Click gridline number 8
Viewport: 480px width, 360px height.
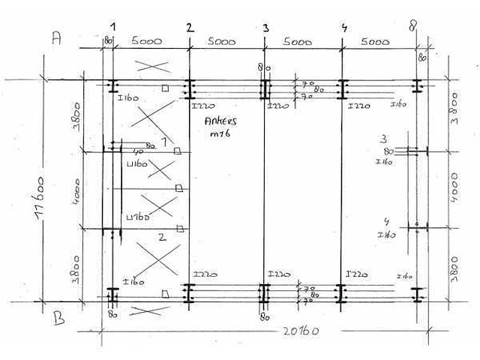point(413,28)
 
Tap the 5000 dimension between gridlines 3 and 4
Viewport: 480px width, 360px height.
point(298,43)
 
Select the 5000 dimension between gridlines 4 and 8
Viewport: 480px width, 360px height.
point(375,43)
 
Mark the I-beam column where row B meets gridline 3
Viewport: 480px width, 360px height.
point(265,293)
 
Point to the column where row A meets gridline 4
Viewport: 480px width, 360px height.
point(342,88)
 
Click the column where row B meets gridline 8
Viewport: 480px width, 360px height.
point(418,293)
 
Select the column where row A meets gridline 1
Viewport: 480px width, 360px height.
point(112,87)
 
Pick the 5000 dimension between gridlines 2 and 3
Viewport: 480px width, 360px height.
point(223,43)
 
